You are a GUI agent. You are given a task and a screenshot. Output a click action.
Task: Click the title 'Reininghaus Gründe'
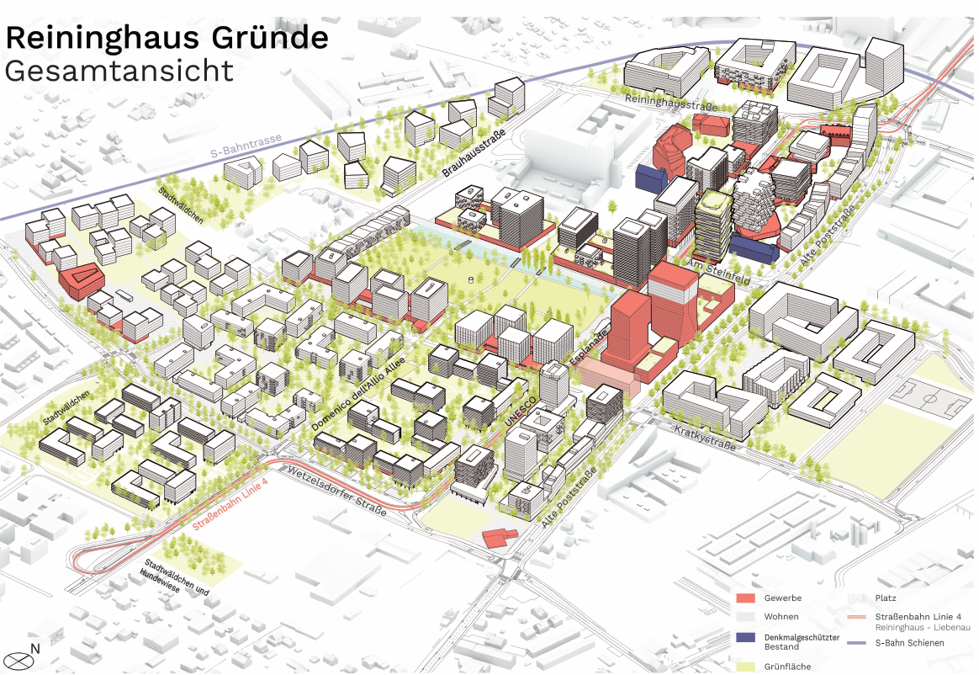click(x=167, y=38)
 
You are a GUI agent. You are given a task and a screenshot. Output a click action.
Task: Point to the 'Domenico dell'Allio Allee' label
click(x=359, y=396)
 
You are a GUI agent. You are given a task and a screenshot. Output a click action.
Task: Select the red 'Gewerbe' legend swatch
click(x=745, y=598)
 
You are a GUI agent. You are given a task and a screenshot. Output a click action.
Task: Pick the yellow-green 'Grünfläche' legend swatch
click(x=745, y=665)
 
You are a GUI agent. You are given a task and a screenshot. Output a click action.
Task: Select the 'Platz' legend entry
click(x=886, y=598)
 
